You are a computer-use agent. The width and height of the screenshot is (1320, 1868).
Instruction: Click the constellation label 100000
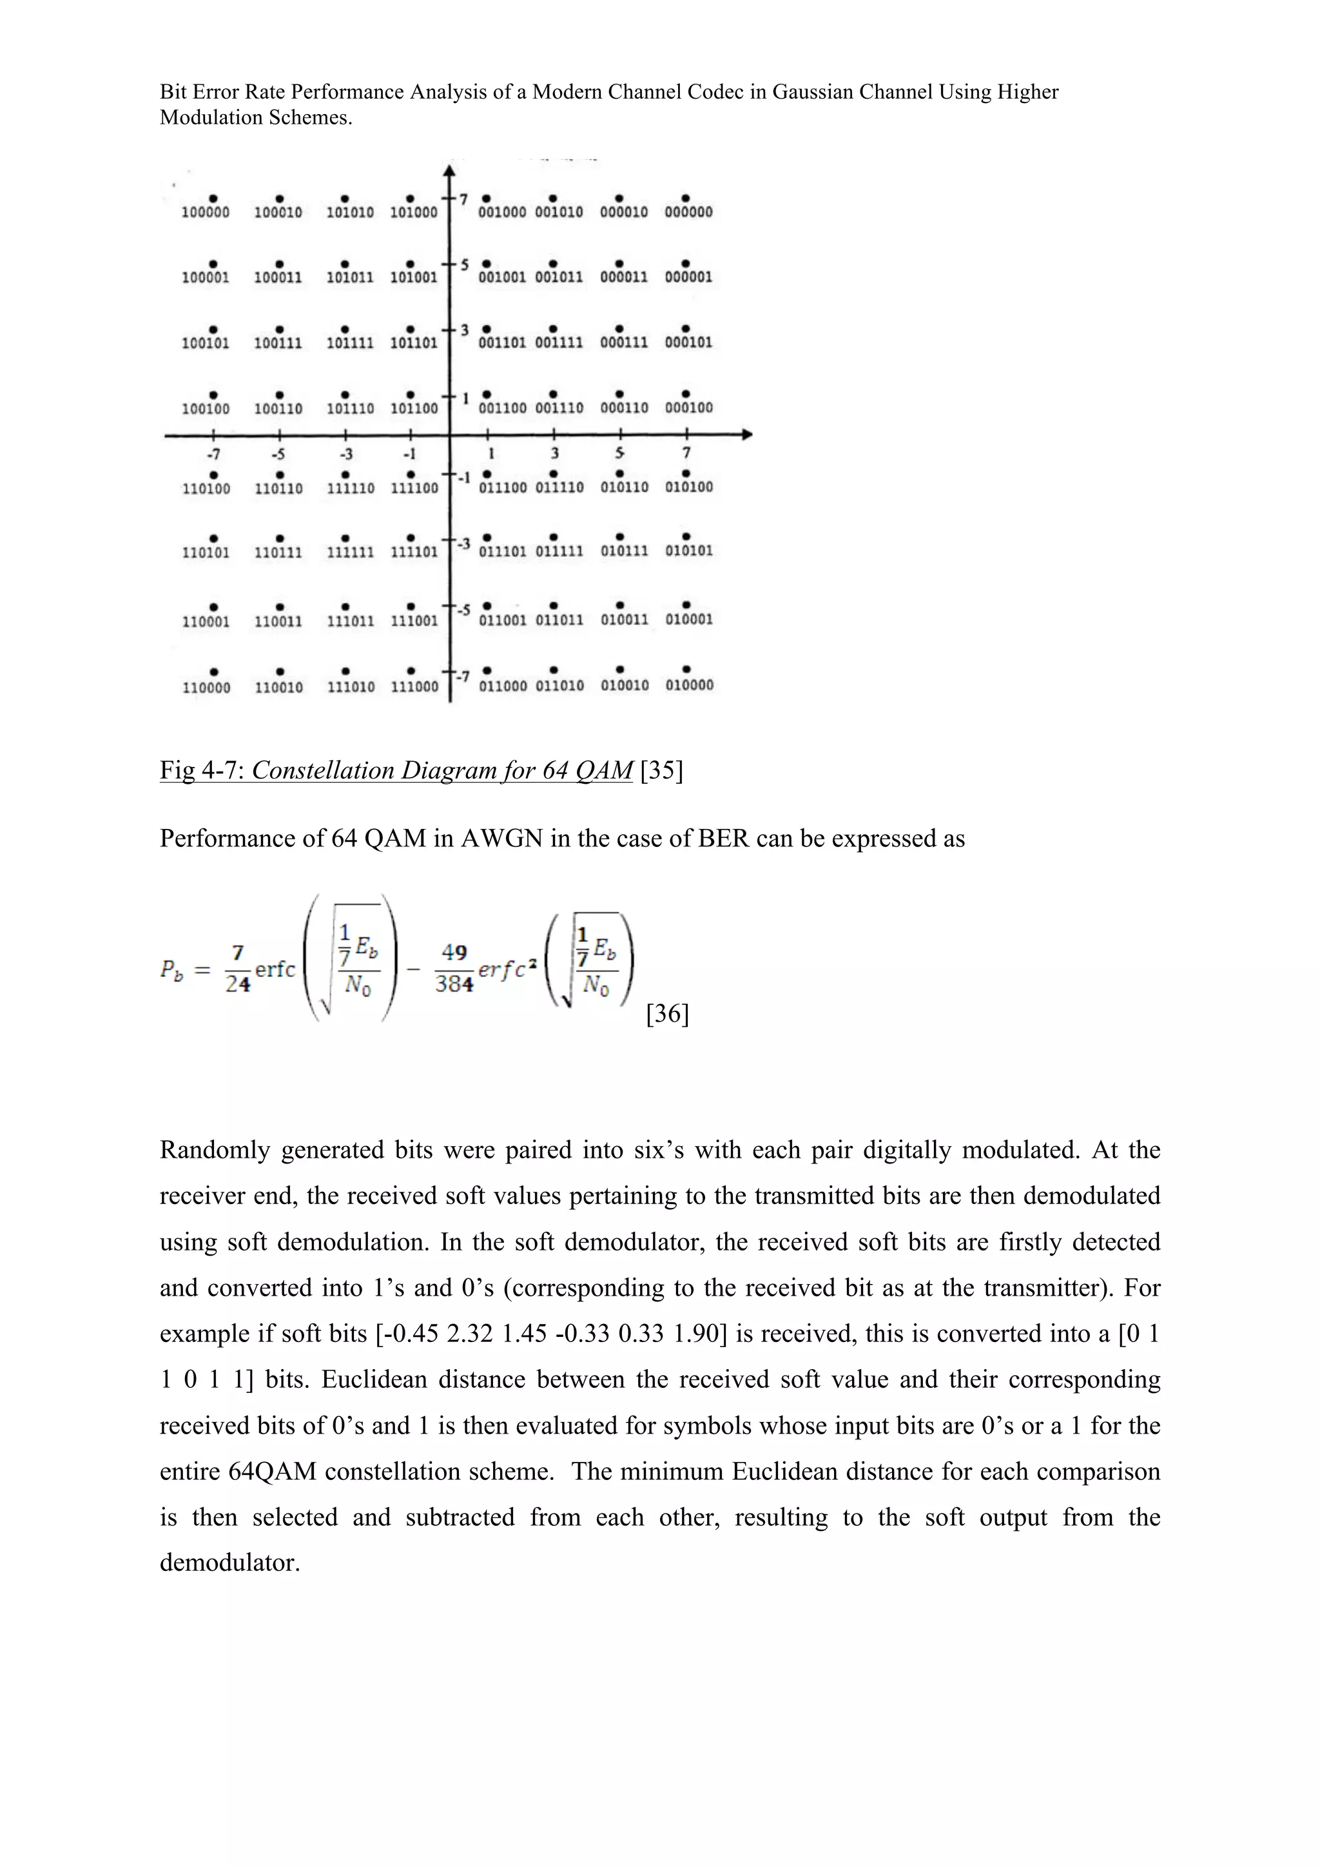(205, 212)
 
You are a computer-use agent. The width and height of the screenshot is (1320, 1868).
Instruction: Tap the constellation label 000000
(688, 212)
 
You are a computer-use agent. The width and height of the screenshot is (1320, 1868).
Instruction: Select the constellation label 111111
(350, 552)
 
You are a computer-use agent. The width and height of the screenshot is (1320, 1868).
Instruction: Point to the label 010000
(689, 685)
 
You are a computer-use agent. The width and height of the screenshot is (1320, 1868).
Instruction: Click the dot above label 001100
(487, 394)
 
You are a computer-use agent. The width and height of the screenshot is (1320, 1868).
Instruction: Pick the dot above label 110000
(213, 671)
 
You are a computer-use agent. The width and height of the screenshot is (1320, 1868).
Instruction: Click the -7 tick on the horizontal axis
(213, 453)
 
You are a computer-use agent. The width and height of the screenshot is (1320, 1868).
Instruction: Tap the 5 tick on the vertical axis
(465, 264)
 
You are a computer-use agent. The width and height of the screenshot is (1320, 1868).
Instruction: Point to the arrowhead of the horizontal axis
(746, 435)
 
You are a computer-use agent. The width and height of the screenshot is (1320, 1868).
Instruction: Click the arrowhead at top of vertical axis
(449, 171)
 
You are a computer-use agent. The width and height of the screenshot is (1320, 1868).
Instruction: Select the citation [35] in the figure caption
(661, 770)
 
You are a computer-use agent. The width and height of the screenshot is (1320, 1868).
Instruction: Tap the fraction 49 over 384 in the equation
(454, 968)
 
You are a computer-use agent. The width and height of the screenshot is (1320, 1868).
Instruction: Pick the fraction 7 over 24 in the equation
(237, 968)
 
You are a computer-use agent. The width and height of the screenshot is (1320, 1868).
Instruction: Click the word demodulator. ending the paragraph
(230, 1563)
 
